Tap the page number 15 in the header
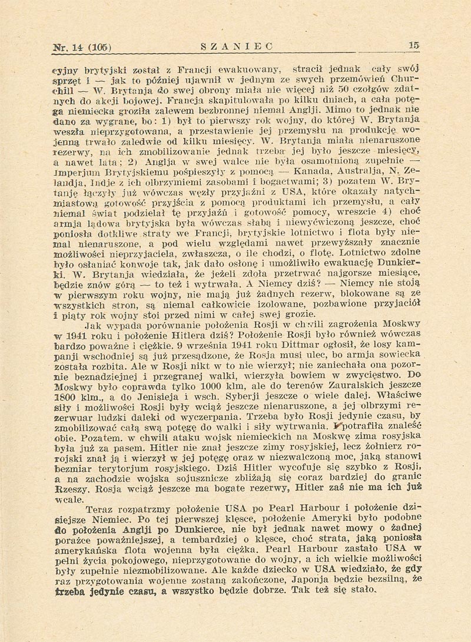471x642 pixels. click(413, 45)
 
